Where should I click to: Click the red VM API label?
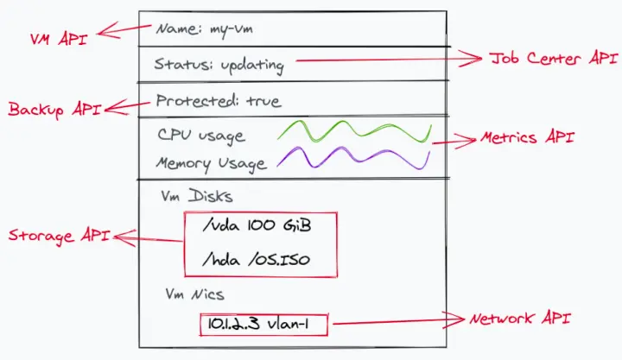tap(59, 39)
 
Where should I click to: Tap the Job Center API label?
tap(554, 59)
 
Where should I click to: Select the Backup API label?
tap(54, 110)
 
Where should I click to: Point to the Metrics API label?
tap(527, 137)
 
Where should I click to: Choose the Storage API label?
tap(59, 236)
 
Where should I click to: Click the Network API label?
tap(520, 319)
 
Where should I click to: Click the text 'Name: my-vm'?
tap(204, 29)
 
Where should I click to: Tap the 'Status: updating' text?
tap(219, 65)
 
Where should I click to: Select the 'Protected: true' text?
tap(219, 101)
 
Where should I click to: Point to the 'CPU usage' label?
tap(201, 136)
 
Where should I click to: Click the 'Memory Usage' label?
tap(211, 163)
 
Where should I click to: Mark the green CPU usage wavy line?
tap(354, 131)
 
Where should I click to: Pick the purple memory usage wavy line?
tap(353, 157)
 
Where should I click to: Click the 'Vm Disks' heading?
tap(197, 196)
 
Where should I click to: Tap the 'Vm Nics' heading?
tap(194, 294)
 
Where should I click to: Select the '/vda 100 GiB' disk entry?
tap(257, 225)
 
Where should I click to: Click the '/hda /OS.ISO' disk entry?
tap(257, 260)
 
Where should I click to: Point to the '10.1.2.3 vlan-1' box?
tap(263, 325)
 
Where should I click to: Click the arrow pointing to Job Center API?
tap(389, 60)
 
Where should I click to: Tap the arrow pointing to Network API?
tap(398, 321)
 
